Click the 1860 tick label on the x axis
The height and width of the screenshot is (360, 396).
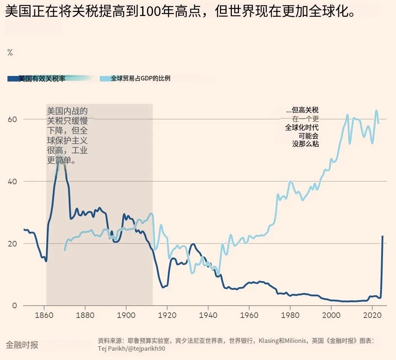[44, 315]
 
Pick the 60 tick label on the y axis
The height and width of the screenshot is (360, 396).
[13, 119]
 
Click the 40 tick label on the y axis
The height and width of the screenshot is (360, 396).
[13, 181]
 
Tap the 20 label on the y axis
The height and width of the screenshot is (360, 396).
[13, 243]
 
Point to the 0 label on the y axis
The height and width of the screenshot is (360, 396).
[15, 306]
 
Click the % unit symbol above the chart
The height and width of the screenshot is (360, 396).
[10, 52]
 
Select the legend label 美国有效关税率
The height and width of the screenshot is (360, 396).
[42, 79]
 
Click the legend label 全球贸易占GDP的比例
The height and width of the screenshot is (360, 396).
[140, 79]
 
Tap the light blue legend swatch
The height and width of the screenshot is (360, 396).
[105, 79]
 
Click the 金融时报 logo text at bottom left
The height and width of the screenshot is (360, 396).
[22, 345]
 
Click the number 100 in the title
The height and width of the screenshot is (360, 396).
[148, 12]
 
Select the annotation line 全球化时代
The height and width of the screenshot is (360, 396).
[302, 127]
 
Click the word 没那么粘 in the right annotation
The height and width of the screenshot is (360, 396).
[306, 144]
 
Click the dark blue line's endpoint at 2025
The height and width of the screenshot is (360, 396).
[382, 236]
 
